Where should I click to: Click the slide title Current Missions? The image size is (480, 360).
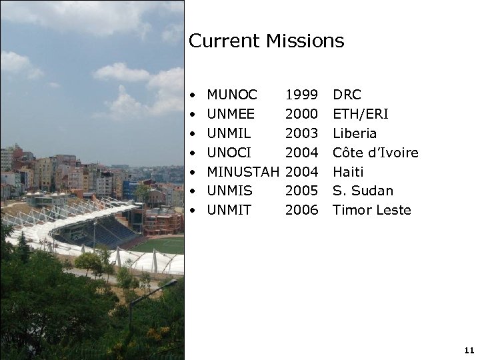pyautogui.click(x=266, y=41)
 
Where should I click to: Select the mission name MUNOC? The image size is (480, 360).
pyautogui.click(x=232, y=95)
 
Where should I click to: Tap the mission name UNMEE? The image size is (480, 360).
pyautogui.click(x=231, y=115)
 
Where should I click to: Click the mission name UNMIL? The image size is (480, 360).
pyautogui.click(x=229, y=133)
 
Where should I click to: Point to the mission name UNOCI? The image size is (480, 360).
pyautogui.click(x=229, y=153)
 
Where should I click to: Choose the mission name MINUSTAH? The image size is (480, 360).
pyautogui.click(x=243, y=172)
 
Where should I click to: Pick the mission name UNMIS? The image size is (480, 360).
pyautogui.click(x=229, y=191)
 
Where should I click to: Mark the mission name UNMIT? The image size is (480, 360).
pyautogui.click(x=229, y=210)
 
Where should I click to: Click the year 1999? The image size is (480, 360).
pyautogui.click(x=301, y=95)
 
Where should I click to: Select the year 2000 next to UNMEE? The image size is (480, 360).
pyautogui.click(x=301, y=115)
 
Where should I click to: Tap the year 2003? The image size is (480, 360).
pyautogui.click(x=301, y=133)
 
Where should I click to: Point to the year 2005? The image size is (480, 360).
pyautogui.click(x=301, y=191)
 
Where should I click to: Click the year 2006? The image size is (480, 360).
pyautogui.click(x=301, y=210)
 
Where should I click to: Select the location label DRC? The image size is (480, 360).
pyautogui.click(x=347, y=95)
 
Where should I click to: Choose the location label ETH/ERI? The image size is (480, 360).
pyautogui.click(x=360, y=115)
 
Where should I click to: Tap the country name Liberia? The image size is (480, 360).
pyautogui.click(x=355, y=133)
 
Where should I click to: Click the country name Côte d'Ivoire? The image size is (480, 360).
pyautogui.click(x=375, y=153)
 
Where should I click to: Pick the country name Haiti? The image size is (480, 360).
pyautogui.click(x=348, y=172)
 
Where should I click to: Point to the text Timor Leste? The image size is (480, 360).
pyautogui.click(x=372, y=210)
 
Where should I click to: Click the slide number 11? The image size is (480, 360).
pyautogui.click(x=469, y=349)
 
